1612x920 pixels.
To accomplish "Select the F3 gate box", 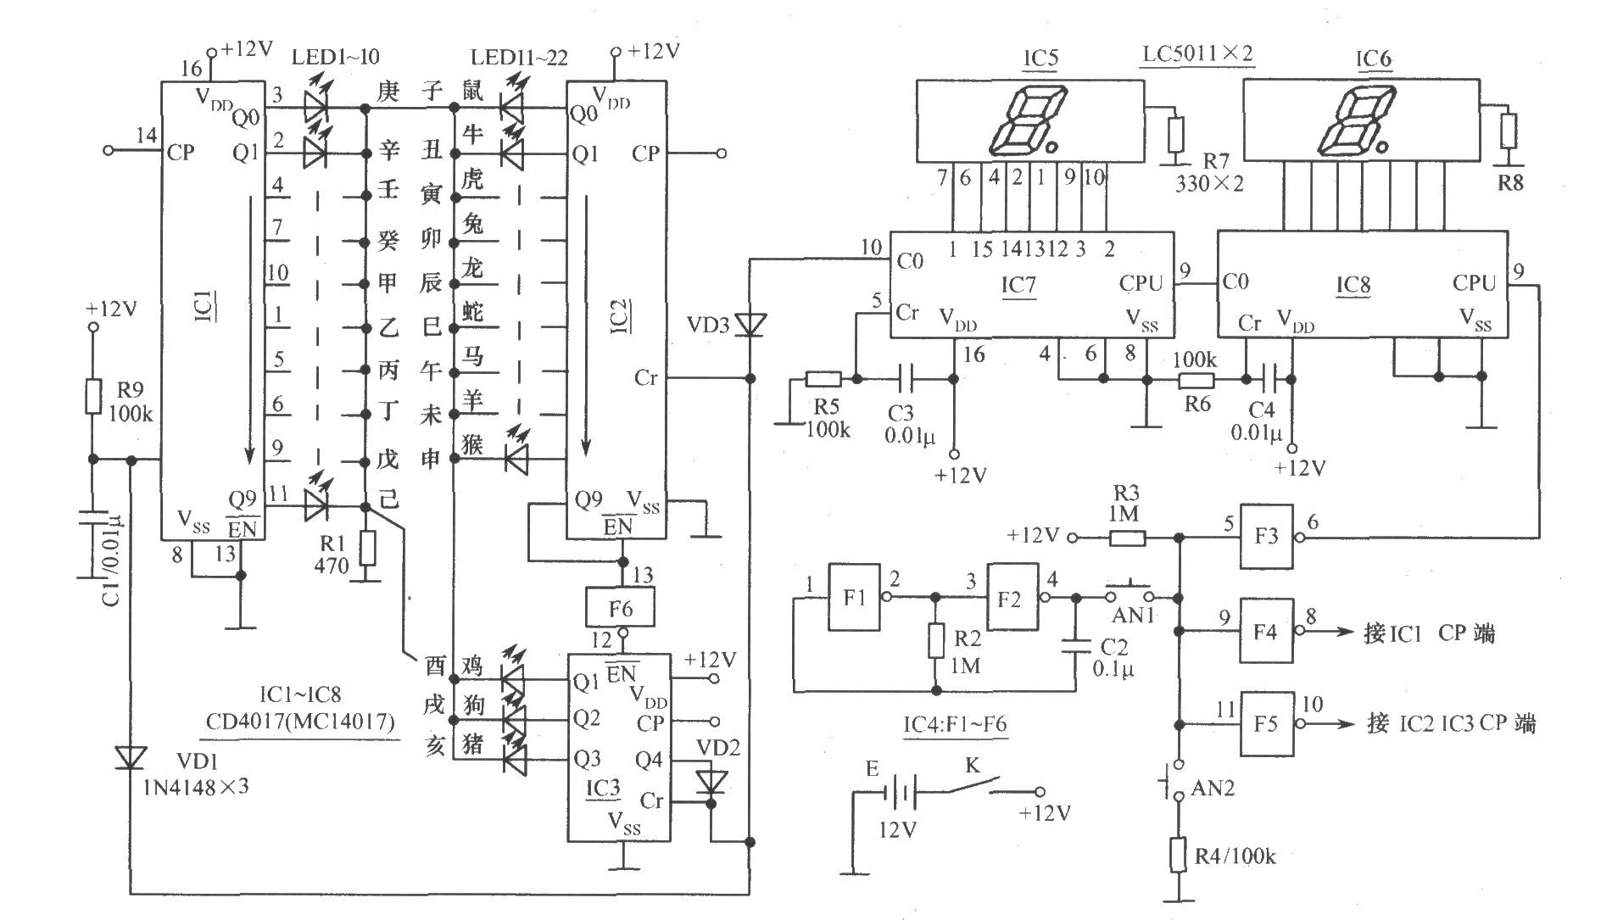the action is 1267,537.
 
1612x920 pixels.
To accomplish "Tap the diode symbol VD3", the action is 750,324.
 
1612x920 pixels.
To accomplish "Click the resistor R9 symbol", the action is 93,396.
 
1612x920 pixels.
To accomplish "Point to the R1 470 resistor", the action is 367,549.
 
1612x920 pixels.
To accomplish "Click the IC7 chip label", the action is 1019,285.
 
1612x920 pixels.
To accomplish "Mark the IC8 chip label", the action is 1353,285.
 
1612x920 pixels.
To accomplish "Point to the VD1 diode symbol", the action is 131,757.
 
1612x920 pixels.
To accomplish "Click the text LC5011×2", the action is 1197,54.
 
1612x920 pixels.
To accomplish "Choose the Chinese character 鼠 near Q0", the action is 472,89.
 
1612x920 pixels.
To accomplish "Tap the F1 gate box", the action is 855,597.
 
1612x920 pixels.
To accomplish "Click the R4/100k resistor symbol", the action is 1179,855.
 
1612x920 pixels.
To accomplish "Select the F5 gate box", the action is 1268,723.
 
